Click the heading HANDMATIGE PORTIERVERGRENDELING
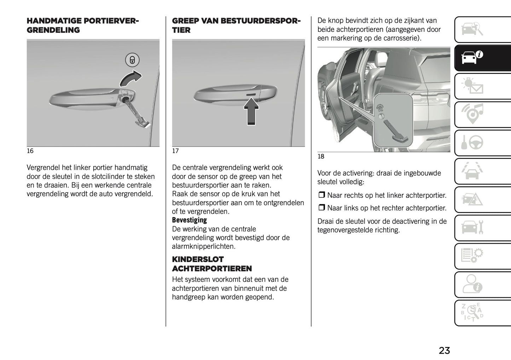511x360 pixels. coord(83,25)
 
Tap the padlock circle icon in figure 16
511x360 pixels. coord(132,60)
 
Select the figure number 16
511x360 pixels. coord(30,151)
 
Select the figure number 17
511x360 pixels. coord(175,151)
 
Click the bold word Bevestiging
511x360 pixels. coord(189,220)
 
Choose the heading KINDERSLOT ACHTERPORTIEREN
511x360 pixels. coord(212,264)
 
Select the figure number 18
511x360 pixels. coord(321,157)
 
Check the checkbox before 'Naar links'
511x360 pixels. coord(321,208)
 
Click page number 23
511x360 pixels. coord(444,350)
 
